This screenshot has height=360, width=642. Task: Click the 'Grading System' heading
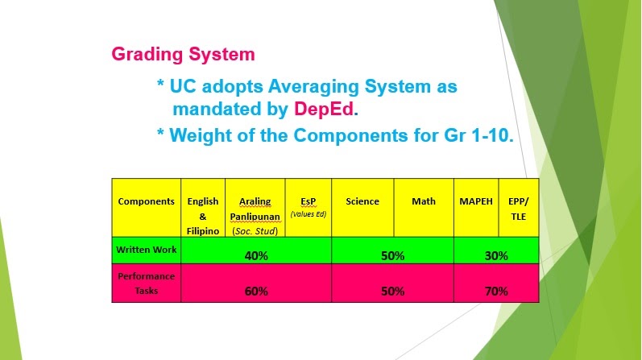[183, 55]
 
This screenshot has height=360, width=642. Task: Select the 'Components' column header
[146, 201]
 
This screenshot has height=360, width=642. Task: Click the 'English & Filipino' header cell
[202, 215]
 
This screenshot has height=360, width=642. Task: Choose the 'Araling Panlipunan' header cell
[254, 215]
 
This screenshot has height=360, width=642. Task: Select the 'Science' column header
[362, 201]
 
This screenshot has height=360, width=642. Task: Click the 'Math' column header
[424, 201]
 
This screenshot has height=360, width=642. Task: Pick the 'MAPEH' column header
[476, 201]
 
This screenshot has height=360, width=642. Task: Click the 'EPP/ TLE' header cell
[519, 208]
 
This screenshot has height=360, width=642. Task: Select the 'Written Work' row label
[146, 249]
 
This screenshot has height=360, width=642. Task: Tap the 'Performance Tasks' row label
[146, 283]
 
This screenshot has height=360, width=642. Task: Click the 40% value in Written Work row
[256, 255]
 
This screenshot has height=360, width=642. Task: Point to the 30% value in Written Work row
[496, 255]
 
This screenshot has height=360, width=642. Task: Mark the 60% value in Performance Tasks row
[256, 292]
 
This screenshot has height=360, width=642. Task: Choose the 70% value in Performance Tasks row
[496, 292]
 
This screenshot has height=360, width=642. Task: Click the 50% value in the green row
[392, 255]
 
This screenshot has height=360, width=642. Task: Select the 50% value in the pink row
[392, 292]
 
